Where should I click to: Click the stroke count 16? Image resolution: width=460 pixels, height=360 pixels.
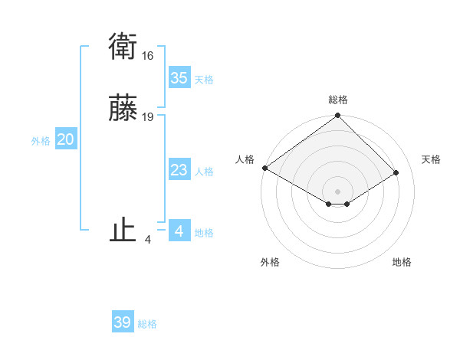coord(148,56)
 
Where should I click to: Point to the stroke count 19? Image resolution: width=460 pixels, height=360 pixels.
coord(148,117)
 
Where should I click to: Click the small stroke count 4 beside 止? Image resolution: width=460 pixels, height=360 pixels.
coord(148,240)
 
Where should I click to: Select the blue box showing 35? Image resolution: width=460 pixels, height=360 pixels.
coord(179,78)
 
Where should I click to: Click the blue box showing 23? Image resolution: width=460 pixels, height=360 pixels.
coord(179,170)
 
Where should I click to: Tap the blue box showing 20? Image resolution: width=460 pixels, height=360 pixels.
coord(65,139)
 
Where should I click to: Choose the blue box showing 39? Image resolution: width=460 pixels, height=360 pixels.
coord(123,322)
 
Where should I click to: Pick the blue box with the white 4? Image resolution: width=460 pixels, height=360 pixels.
coord(179,231)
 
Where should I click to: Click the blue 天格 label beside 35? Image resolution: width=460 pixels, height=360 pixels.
coord(204,80)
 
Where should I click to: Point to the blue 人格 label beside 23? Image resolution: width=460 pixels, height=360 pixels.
coord(204,172)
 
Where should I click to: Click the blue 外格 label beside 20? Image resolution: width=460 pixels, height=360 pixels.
coord(41,141)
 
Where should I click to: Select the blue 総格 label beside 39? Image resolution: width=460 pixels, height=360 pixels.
coord(147,324)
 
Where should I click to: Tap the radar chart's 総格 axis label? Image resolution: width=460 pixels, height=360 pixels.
coord(338,100)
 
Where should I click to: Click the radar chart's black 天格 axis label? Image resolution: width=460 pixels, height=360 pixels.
coord(431,159)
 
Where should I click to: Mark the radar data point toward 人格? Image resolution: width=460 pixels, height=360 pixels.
coord(264,168)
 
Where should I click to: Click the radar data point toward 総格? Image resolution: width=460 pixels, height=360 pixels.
coord(338,116)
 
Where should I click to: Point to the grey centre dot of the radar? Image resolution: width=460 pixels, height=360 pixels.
coord(338,191)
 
